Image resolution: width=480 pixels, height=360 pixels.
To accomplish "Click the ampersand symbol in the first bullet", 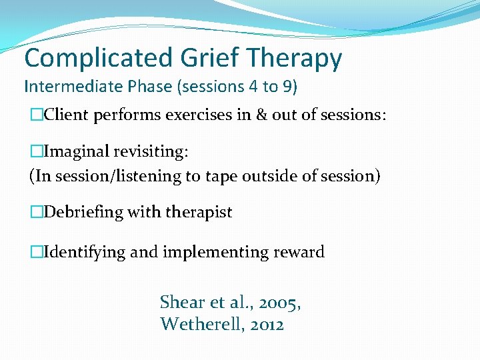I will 275,115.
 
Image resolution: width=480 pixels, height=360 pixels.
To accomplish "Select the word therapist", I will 200,213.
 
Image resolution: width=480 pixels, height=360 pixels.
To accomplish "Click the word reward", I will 300,252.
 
